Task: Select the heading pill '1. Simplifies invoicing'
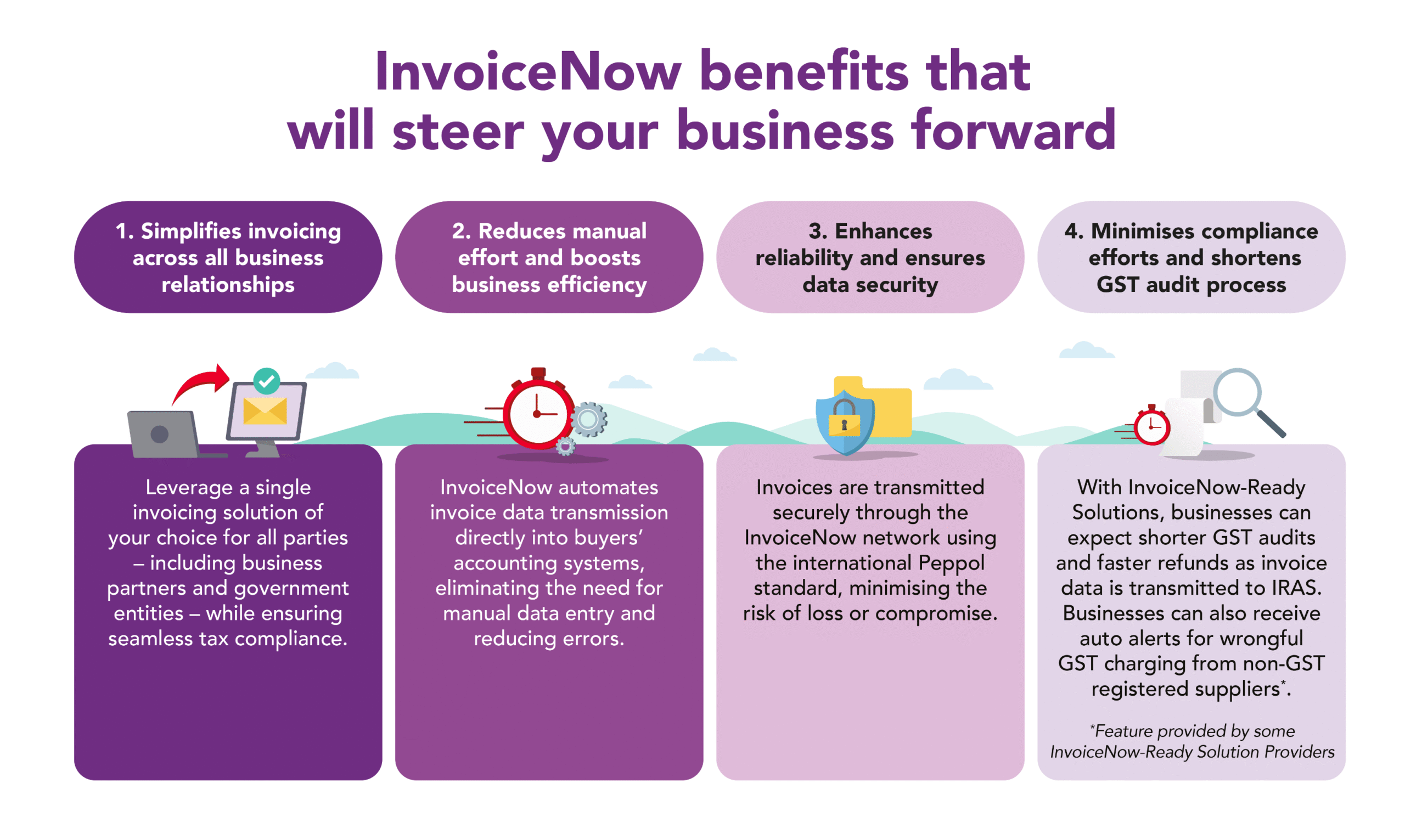pyautogui.click(x=228, y=257)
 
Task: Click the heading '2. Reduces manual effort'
pyautogui.click(x=549, y=257)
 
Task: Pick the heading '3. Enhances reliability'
pyautogui.click(x=870, y=257)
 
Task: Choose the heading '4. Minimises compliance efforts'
pyautogui.click(x=1192, y=257)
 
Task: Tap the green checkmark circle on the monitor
pyautogui.click(x=267, y=381)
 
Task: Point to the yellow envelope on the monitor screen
pyautogui.click(x=266, y=411)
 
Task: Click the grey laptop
pyautogui.click(x=167, y=434)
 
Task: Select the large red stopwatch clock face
pyautogui.click(x=537, y=414)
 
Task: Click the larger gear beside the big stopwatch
pyautogui.click(x=588, y=419)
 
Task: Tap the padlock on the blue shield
pyautogui.click(x=844, y=418)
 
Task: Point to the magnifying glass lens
pyautogui.click(x=1238, y=392)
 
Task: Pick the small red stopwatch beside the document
pyautogui.click(x=1152, y=426)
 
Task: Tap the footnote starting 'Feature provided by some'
pyautogui.click(x=1192, y=741)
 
